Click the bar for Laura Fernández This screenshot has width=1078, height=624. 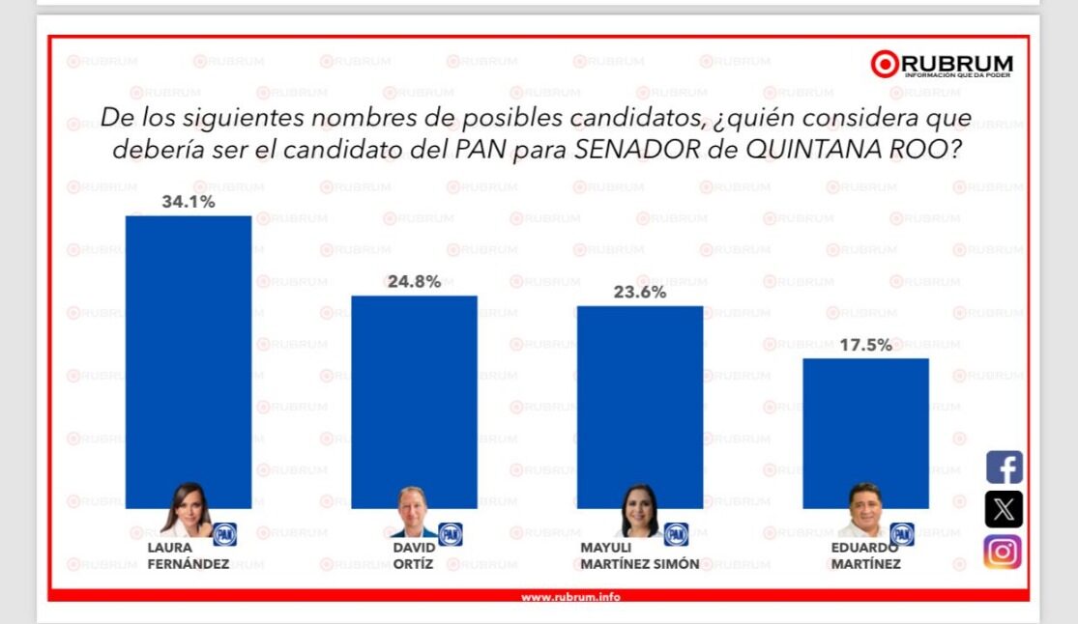[189, 348]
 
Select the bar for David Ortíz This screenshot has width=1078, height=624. [414, 386]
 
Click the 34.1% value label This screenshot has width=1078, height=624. [189, 203]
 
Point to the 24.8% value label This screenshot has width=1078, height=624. [414, 282]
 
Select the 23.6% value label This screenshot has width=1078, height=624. [639, 293]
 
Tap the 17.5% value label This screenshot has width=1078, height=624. [865, 345]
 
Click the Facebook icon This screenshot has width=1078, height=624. [1004, 468]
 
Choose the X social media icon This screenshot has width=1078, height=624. [1004, 509]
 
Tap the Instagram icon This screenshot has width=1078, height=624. [1004, 552]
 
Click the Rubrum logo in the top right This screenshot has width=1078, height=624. [942, 65]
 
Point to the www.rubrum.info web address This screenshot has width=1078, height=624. [570, 597]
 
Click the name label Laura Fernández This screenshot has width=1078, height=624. [188, 555]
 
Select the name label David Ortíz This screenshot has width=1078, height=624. [414, 555]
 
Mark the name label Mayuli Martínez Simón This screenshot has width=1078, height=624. [639, 555]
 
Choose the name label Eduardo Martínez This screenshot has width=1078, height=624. [865, 555]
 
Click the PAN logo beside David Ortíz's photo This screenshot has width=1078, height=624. [451, 534]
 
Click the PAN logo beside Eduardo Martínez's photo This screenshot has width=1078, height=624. [902, 534]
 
